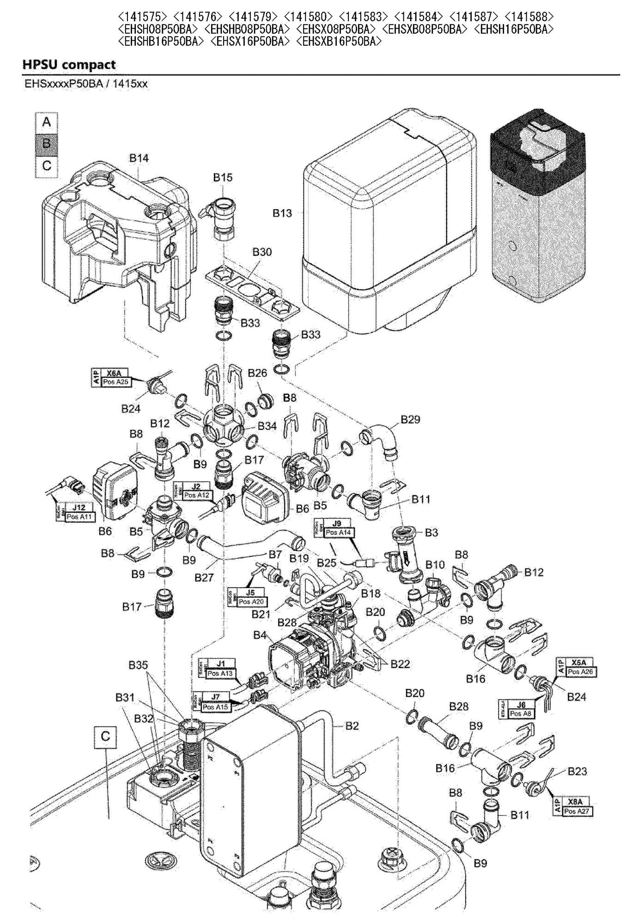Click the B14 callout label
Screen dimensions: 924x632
(x=139, y=158)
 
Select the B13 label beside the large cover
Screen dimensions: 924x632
(x=282, y=213)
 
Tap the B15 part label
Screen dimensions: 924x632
(x=223, y=177)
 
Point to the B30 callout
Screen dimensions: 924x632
(x=262, y=252)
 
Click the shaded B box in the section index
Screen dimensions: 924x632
(x=47, y=143)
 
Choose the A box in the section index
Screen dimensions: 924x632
(x=47, y=122)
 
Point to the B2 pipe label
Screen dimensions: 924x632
(x=352, y=726)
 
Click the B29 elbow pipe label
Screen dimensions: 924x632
(x=410, y=419)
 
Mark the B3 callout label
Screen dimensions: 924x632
(x=431, y=533)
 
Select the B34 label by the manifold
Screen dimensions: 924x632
(x=267, y=426)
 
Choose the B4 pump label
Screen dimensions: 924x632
(x=260, y=635)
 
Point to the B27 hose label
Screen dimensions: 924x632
(x=204, y=577)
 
